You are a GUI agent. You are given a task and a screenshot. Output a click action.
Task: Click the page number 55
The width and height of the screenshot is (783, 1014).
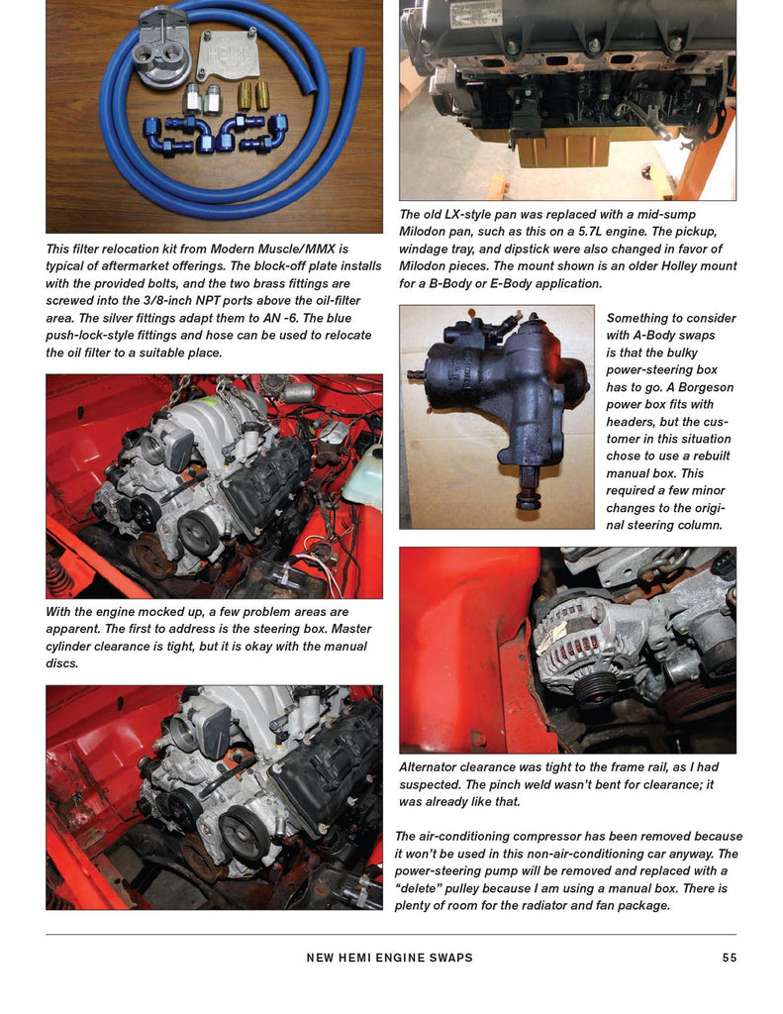point(730,958)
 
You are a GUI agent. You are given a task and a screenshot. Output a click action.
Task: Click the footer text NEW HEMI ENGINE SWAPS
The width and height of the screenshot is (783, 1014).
point(390,958)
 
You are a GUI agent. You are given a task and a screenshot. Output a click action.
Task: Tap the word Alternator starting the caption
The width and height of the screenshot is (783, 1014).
point(433,767)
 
